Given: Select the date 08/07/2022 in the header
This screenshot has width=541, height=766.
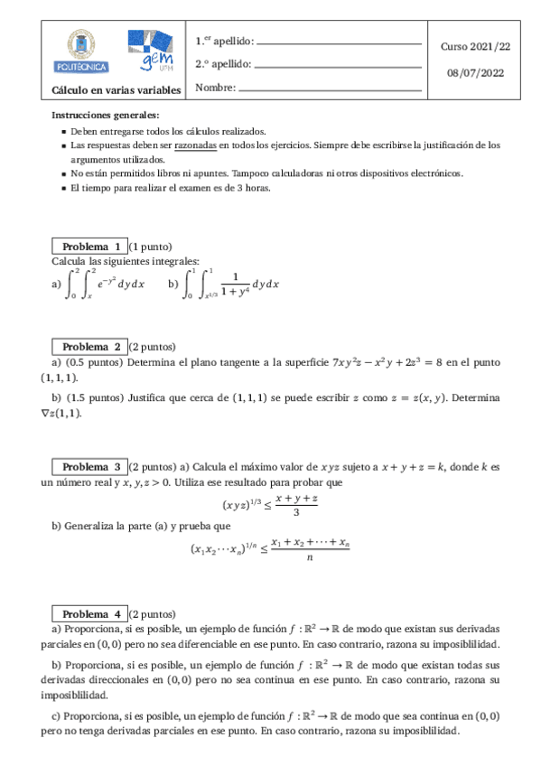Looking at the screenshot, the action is (475, 73).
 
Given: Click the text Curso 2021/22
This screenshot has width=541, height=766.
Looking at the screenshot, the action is (475, 45).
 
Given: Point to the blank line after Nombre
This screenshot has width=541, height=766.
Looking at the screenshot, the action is (331, 89).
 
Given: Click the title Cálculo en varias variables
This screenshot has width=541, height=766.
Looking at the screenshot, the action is (116, 89).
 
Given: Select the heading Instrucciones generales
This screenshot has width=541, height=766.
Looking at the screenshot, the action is (105, 116).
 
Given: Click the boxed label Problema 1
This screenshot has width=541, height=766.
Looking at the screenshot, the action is (91, 247).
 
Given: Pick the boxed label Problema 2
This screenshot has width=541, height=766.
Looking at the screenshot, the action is (91, 347).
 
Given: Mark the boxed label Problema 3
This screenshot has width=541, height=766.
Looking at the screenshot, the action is (91, 467).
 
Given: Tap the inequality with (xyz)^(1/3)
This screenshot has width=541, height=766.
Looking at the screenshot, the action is (270, 504).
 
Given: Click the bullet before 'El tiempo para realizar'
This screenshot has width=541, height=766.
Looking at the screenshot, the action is (62, 188).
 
